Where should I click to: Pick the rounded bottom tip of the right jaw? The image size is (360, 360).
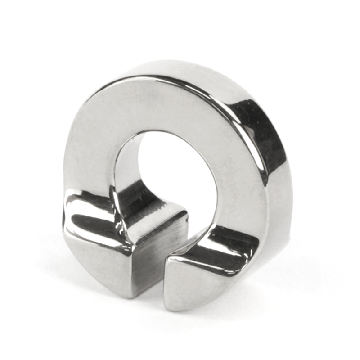tap(180, 306)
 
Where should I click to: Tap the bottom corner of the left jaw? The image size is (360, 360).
tap(130, 295)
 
